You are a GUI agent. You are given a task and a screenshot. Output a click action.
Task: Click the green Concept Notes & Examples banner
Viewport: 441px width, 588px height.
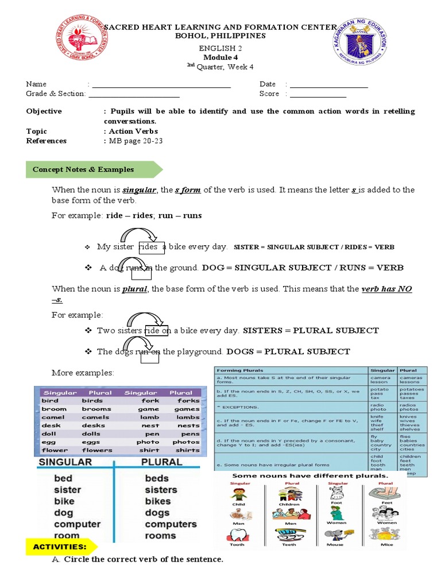[x=92, y=169]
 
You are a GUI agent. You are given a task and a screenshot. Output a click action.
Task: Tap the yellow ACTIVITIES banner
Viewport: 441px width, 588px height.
[x=60, y=547]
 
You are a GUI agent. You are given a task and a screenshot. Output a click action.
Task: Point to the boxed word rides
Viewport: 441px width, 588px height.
[x=150, y=247]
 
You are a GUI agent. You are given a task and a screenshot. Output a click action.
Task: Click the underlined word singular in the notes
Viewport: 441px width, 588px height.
[x=140, y=190]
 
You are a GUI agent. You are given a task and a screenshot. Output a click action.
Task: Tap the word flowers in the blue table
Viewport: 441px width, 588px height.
[x=96, y=450]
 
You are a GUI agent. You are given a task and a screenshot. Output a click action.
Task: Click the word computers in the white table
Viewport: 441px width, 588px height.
[x=171, y=524]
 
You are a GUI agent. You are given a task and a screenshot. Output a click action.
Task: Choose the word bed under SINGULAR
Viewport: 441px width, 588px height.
[x=63, y=478]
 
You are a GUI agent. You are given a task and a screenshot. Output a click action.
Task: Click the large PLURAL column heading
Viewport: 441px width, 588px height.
[x=162, y=462]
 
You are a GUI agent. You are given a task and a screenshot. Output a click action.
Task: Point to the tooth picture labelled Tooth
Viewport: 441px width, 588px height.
[x=237, y=535]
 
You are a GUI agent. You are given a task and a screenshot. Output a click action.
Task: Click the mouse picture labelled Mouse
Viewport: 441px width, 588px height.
[x=335, y=535]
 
